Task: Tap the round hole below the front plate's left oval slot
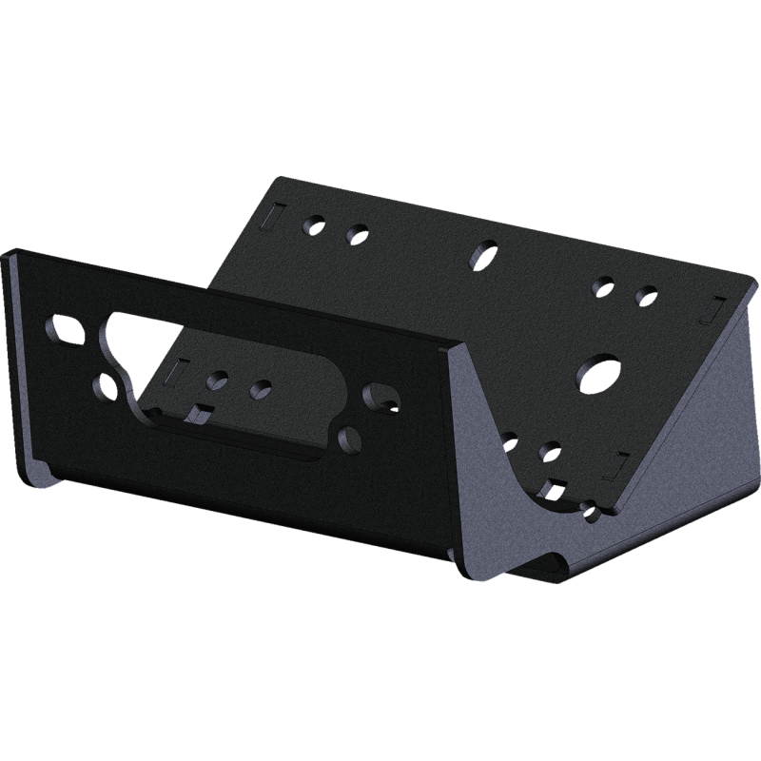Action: pyautogui.click(x=106, y=386)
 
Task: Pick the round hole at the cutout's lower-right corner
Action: pyautogui.click(x=348, y=439)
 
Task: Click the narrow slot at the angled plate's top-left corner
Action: pyautogui.click(x=269, y=216)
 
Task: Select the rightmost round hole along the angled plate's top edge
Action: pyautogui.click(x=646, y=292)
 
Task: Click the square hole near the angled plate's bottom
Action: pyautogui.click(x=549, y=489)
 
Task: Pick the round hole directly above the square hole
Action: pyautogui.click(x=549, y=450)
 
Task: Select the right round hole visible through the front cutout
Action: pyautogui.click(x=260, y=388)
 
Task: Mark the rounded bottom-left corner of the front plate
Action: pyautogui.click(x=35, y=477)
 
